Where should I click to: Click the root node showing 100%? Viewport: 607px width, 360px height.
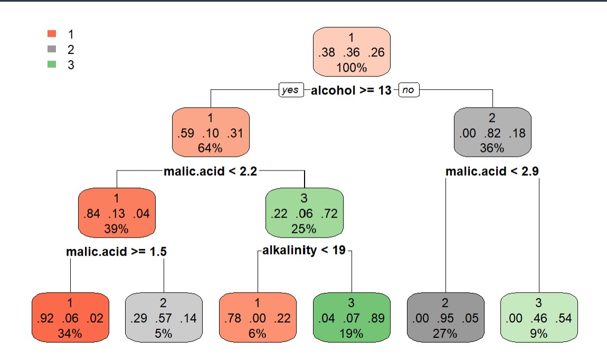pos(352,52)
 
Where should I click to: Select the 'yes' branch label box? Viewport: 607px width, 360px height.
pos(290,90)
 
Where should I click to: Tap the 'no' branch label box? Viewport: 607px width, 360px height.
pos(408,90)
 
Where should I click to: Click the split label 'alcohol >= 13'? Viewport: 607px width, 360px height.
pos(351,90)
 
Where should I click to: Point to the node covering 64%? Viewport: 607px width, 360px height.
pos(211,132)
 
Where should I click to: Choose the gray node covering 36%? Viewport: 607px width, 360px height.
pos(492,132)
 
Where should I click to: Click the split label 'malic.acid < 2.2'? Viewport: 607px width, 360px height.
pos(211,171)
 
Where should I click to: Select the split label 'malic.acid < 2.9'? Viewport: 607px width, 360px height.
pos(492,171)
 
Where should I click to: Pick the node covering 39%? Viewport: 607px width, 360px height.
pos(117,213)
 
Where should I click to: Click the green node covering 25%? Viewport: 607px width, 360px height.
pos(304,213)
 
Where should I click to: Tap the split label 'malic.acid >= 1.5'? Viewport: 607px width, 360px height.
pos(117,252)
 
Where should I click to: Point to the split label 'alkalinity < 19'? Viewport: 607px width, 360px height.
pos(304,250)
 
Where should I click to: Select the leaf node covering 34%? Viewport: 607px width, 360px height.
pos(70,318)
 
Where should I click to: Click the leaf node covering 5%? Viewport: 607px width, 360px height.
pos(164,318)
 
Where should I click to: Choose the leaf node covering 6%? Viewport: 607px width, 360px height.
pos(258,318)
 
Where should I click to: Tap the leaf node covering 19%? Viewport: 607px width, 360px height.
pos(352,318)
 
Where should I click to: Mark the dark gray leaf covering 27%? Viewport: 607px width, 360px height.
pos(445,318)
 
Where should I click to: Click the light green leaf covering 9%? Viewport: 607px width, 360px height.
pos(539,318)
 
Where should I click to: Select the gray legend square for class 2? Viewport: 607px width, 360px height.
pos(52,49)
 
